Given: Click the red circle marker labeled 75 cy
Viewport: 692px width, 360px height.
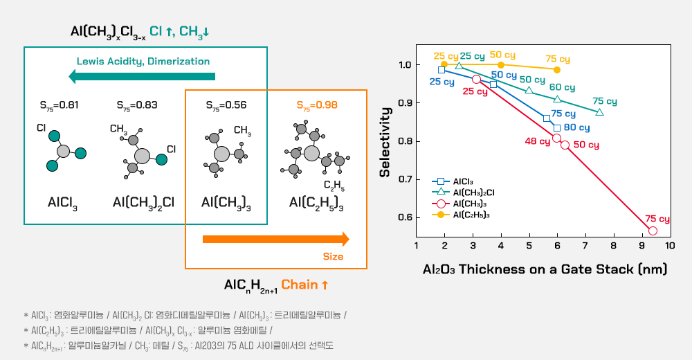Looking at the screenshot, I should (653, 231).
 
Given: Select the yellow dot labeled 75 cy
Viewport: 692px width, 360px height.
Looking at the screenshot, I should (557, 69).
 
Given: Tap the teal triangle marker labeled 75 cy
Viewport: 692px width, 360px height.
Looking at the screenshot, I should (599, 112).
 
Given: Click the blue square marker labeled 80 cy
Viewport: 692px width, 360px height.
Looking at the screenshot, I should (557, 127).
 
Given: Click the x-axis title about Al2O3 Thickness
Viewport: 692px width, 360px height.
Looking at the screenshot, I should (545, 269).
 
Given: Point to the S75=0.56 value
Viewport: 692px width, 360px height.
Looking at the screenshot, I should (226, 105).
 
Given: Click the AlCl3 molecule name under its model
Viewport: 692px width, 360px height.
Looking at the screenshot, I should (63, 203).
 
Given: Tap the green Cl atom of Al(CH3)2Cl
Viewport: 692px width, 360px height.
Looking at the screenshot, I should (161, 160).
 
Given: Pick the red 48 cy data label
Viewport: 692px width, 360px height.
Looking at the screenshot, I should (537, 142).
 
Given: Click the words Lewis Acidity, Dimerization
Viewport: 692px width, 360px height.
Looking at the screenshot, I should (143, 61).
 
